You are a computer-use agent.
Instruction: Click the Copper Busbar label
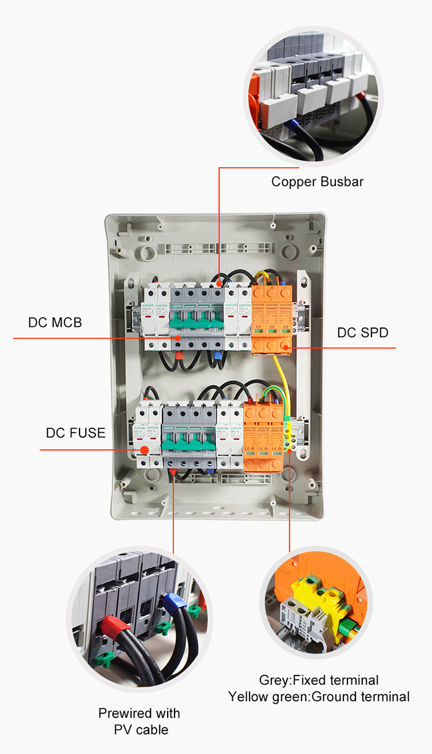coord(317,182)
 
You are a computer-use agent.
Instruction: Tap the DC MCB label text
coord(55,322)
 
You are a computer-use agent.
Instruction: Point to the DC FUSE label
coord(76,432)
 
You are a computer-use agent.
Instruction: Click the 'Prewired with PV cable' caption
coord(139,721)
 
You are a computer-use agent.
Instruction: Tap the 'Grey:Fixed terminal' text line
coord(319,680)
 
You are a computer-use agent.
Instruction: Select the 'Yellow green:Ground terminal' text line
coord(319,696)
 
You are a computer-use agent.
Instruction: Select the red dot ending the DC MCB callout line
coord(179,338)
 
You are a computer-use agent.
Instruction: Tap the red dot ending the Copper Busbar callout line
coord(219,284)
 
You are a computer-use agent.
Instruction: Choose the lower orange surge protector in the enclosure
coord(264,438)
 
